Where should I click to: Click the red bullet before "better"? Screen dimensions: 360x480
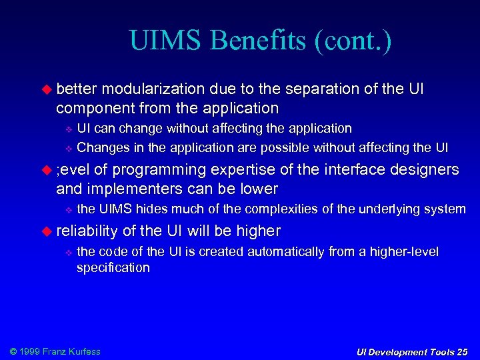(47, 89)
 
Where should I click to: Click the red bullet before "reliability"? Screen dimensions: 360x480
(47, 231)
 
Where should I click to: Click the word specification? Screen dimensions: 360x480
(113, 267)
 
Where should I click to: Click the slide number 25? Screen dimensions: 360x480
(462, 352)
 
